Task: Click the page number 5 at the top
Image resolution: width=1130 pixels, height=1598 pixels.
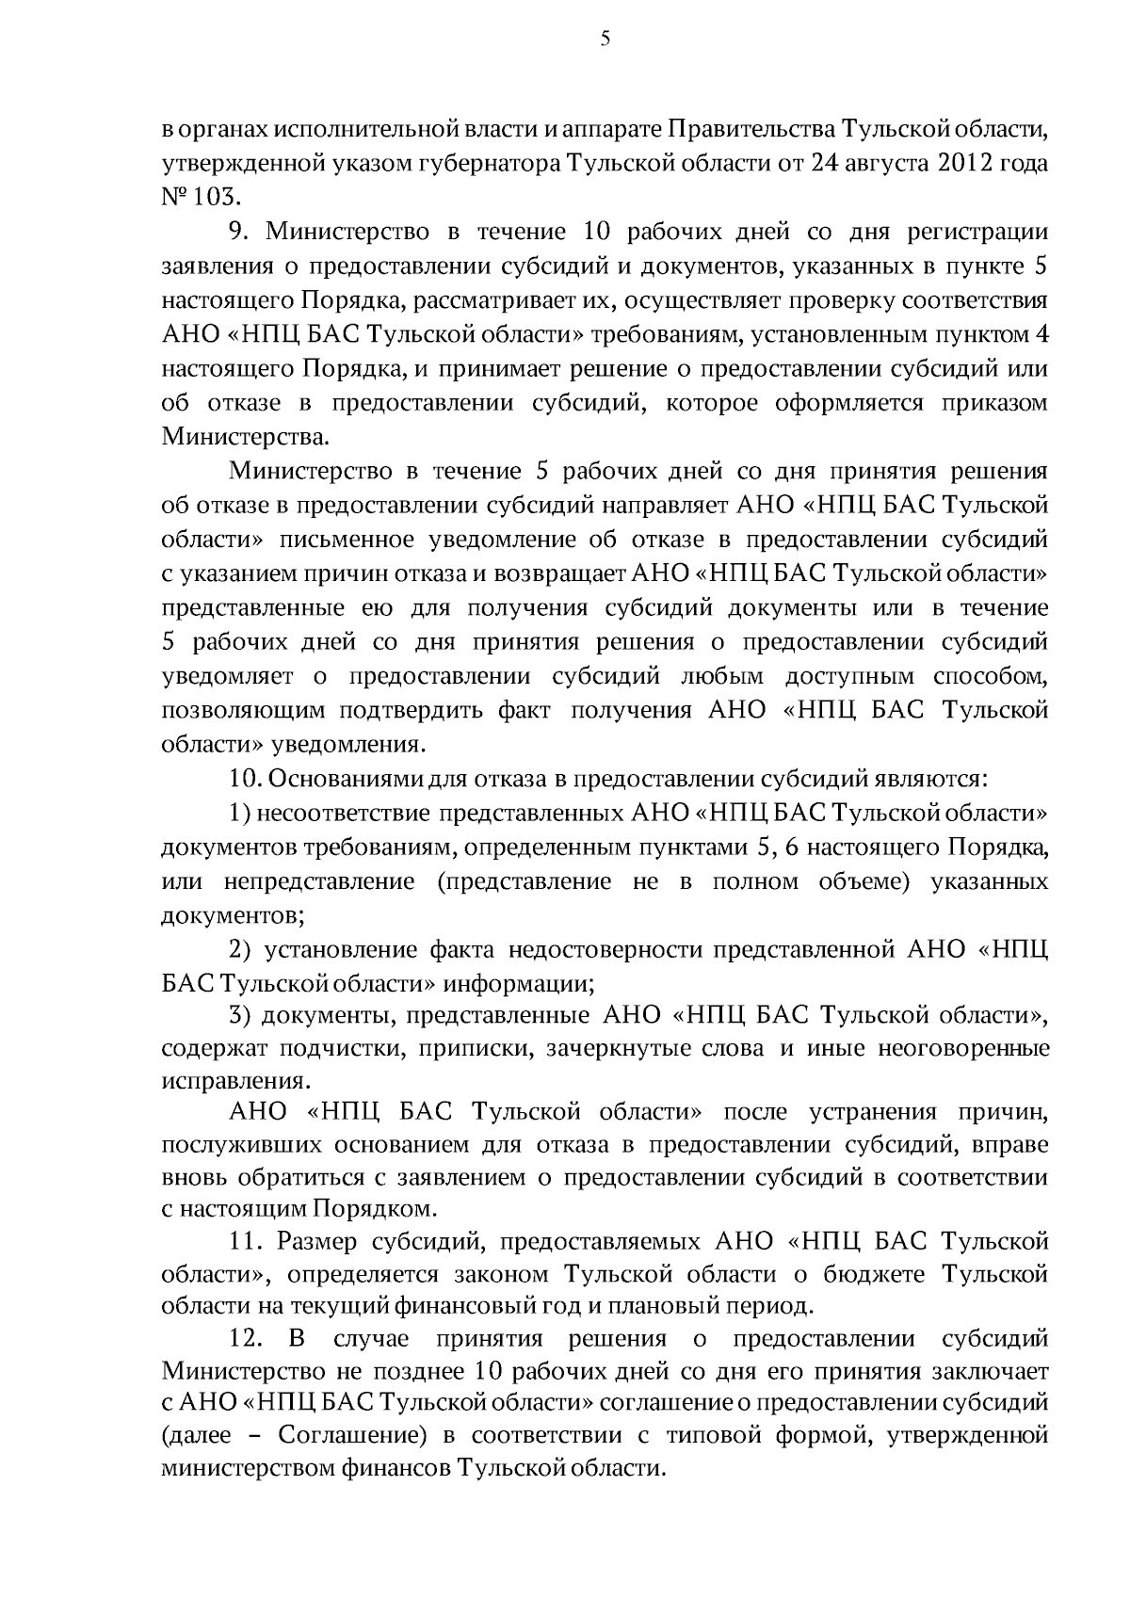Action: (x=604, y=39)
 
